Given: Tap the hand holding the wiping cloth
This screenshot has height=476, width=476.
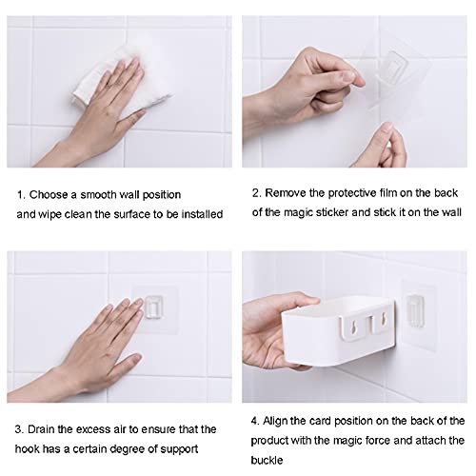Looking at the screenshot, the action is tap(95, 114).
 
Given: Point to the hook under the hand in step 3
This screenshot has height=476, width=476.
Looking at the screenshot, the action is tap(154, 307).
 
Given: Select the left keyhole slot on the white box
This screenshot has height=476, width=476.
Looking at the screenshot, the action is tap(352, 327).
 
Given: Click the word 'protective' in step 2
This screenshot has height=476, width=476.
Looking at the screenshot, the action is tap(352, 193).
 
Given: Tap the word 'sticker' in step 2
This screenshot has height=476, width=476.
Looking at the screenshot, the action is tap(332, 212).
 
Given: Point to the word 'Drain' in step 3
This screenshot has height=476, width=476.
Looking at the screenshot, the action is tap(41, 429).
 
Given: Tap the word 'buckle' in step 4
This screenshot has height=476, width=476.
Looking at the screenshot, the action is tap(267, 460).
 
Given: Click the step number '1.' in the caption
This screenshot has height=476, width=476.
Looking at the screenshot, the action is tap(21, 195).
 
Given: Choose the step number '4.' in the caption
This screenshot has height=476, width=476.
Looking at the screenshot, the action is tap(255, 421).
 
